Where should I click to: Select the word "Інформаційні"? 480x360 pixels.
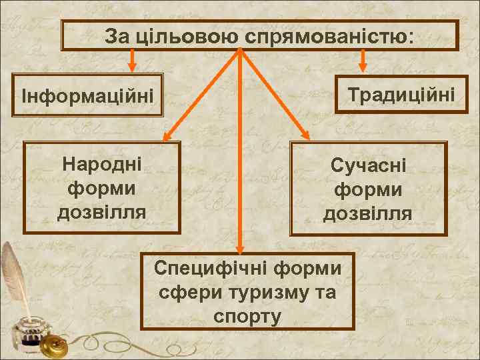(92, 97)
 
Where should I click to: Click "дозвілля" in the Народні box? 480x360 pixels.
(101, 212)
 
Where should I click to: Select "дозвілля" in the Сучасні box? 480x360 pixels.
(368, 213)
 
